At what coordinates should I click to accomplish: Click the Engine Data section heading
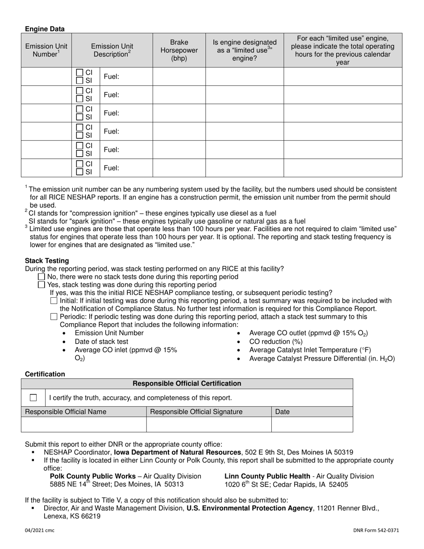click(45, 29)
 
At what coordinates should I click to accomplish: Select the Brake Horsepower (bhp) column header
click(179, 50)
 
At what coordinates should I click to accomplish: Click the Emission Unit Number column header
click(46, 50)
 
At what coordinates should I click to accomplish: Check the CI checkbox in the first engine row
click(79, 72)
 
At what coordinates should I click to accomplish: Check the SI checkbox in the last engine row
click(79, 172)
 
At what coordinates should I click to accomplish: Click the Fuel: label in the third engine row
click(111, 113)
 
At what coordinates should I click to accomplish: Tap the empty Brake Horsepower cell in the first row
click(179, 77)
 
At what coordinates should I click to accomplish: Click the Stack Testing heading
click(47, 261)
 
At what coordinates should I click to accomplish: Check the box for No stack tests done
click(42, 277)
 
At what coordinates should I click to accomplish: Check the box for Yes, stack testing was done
click(42, 285)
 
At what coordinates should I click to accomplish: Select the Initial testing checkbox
click(54, 301)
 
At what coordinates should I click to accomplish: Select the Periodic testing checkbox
click(54, 317)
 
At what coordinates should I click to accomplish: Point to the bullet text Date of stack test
click(101, 341)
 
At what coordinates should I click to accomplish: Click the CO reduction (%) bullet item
click(275, 341)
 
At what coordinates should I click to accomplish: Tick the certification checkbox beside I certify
click(33, 398)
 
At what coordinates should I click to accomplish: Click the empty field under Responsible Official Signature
click(208, 424)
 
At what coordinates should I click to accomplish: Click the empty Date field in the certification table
click(312, 424)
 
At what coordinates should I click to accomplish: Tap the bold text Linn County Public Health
click(267, 476)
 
